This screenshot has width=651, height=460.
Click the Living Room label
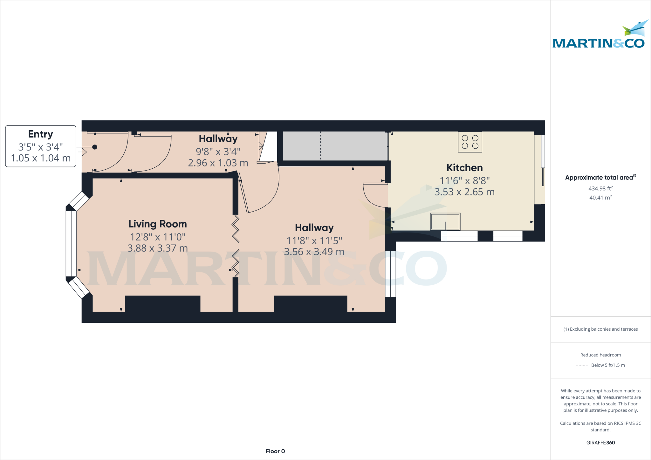click(x=157, y=224)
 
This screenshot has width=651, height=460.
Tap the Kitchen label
click(x=464, y=168)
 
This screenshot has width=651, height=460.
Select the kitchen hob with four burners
click(x=470, y=142)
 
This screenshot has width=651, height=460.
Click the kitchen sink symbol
click(x=445, y=221)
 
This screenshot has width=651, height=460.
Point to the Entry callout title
click(x=40, y=134)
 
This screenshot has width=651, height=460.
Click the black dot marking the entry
click(x=95, y=147)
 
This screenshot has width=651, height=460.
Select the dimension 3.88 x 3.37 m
click(x=157, y=248)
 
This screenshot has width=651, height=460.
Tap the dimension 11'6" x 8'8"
click(x=464, y=181)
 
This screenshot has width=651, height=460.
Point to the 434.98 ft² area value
click(x=600, y=188)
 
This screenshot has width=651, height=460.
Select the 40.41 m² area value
click(x=600, y=198)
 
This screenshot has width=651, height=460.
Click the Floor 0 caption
click(x=275, y=451)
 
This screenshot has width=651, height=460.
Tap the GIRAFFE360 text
click(x=600, y=443)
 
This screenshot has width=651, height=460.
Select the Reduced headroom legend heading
click(x=600, y=355)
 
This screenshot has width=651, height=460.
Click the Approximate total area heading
click(x=600, y=178)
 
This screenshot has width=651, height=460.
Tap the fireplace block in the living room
click(x=162, y=304)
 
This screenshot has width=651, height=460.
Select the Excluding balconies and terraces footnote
click(x=600, y=329)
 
